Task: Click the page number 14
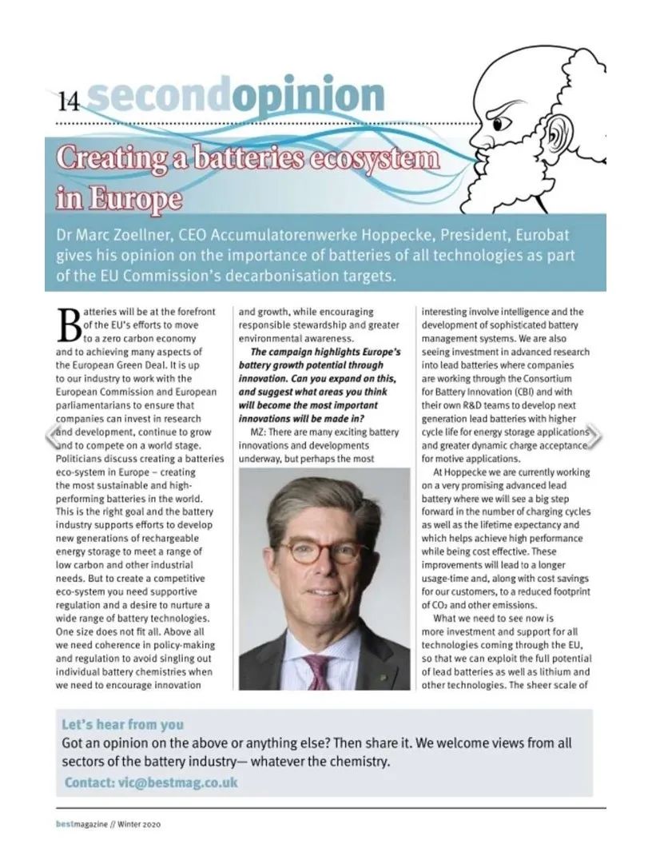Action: (x=69, y=102)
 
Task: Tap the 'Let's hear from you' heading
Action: (x=122, y=725)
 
